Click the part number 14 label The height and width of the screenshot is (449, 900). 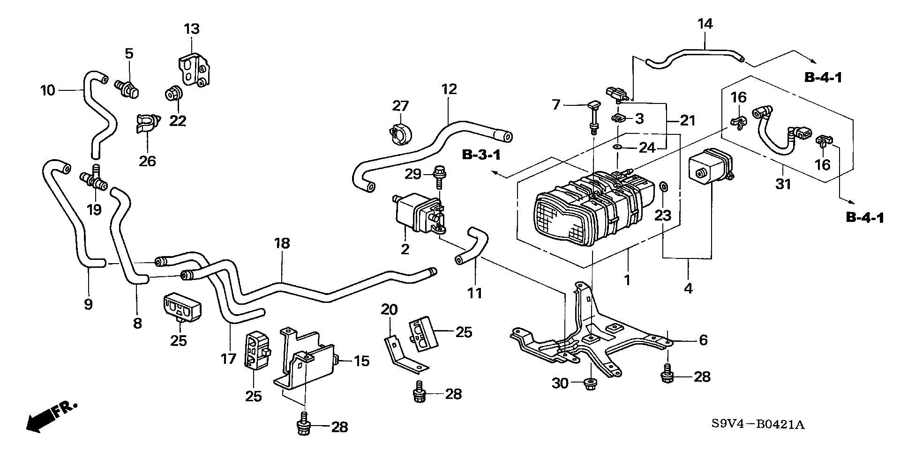point(705,23)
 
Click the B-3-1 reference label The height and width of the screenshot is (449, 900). point(481,155)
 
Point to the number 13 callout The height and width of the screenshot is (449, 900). point(191,29)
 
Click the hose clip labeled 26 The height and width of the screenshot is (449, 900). point(147,123)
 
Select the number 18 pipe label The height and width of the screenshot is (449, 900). point(282,243)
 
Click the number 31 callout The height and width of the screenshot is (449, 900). point(783,184)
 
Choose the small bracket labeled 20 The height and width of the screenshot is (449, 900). point(402,356)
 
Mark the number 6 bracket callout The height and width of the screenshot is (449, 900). point(703,340)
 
